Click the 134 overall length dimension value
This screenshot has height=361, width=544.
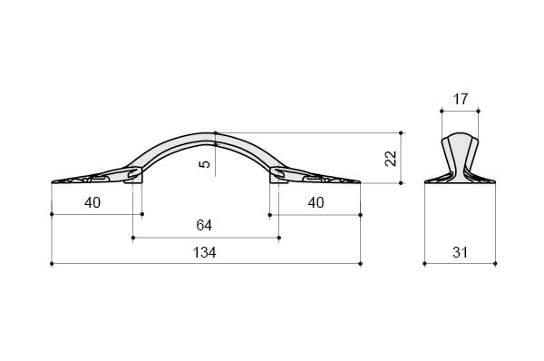click(x=204, y=252)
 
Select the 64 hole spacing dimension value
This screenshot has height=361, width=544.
click(x=204, y=225)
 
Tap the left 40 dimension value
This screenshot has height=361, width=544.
click(x=92, y=202)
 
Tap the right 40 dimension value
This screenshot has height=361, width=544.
click(x=316, y=202)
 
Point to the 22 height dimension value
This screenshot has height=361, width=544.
click(x=391, y=159)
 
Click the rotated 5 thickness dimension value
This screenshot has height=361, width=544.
click(x=205, y=163)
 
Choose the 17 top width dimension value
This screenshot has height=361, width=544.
click(x=461, y=99)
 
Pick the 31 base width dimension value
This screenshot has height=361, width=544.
click(x=460, y=252)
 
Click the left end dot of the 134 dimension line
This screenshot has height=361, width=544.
click(x=52, y=264)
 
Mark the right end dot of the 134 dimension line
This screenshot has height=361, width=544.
click(x=361, y=264)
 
